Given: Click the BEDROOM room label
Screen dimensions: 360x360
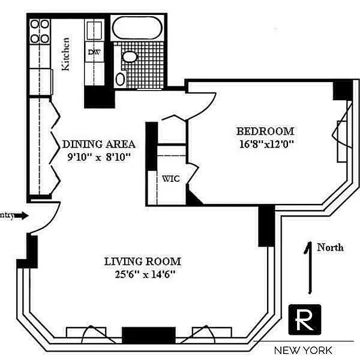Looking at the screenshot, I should click(265, 131).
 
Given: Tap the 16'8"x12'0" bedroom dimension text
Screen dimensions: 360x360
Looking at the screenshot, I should click(265, 144).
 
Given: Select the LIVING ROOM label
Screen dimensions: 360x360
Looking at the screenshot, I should click(142, 262).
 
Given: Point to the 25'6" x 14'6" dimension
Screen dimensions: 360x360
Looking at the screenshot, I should click(142, 275).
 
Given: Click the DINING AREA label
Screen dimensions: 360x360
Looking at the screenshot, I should click(98, 145).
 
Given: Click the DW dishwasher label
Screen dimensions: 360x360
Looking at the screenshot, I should click(94, 52).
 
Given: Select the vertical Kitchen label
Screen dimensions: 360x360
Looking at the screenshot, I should click(67, 55).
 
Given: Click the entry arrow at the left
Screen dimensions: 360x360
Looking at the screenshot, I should click(18, 215).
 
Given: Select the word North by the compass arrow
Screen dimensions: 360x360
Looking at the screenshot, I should click(330, 247).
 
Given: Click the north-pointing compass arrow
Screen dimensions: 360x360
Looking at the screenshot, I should click(310, 267).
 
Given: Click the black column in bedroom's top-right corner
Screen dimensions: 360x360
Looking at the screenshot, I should click(342, 90).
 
